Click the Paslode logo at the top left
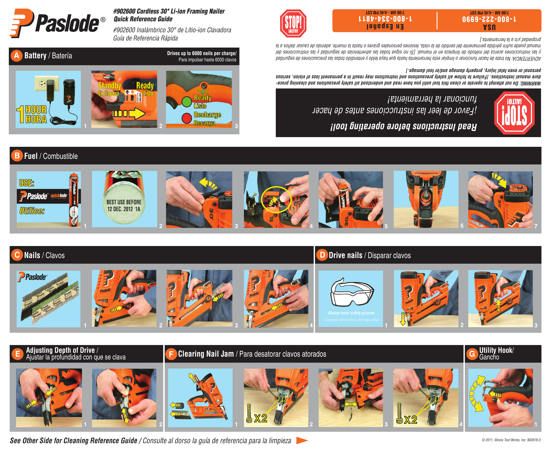point(57,23)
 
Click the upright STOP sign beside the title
point(293,23)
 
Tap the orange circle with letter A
point(17,56)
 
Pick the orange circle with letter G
point(472,354)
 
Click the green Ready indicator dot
point(186,102)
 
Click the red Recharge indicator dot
point(186,118)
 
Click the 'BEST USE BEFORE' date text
point(124,205)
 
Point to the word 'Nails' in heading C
point(32,255)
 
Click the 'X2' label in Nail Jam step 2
point(261,418)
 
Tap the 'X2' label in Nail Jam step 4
point(410,419)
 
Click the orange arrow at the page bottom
point(302,441)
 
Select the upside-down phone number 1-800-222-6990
point(489,19)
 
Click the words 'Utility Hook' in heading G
point(496,350)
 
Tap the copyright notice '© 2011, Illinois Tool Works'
point(511,440)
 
